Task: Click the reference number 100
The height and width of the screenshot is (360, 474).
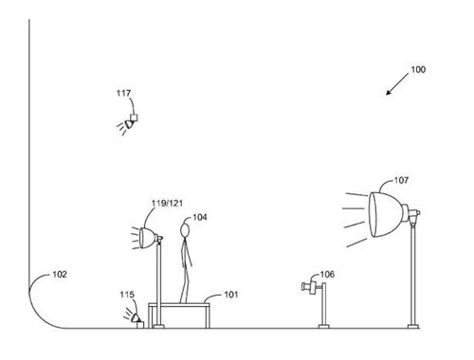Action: [417, 69]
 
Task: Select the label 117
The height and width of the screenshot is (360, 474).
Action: [124, 94]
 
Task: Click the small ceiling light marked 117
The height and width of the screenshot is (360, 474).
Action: [131, 121]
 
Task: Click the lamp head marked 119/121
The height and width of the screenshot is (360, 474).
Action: [148, 236]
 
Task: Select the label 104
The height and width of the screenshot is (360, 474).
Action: [200, 217]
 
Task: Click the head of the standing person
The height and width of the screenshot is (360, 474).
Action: [185, 228]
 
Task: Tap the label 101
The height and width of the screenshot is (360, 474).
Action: [231, 295]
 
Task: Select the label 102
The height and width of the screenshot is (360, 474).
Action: [59, 275]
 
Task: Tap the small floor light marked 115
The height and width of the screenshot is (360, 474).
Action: [136, 317]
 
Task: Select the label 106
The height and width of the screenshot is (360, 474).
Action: [327, 275]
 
